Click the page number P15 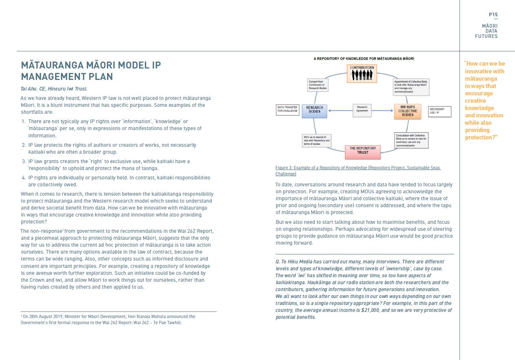click(x=493, y=15)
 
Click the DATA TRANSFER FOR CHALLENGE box click(x=288, y=110)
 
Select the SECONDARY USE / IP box click(x=440, y=111)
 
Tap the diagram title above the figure click(x=364, y=59)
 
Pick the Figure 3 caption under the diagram click(x=358, y=171)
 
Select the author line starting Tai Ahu click(x=54, y=88)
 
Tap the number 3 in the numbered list click(x=24, y=161)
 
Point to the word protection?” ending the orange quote click(x=480, y=137)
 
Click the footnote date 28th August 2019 click(x=42, y=316)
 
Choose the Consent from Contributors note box click(x=317, y=85)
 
